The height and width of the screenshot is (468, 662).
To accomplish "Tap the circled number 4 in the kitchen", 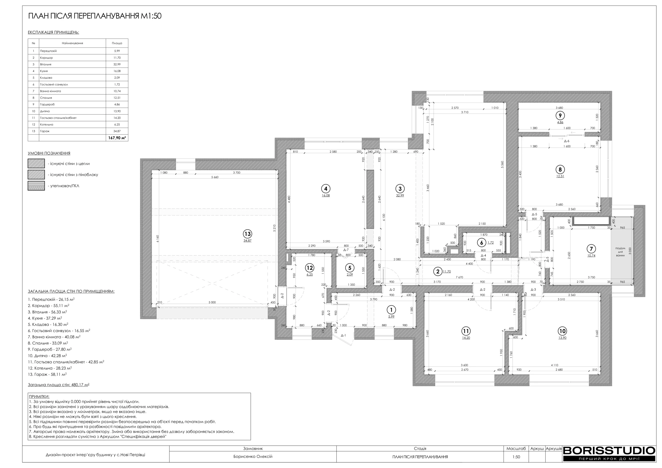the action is tap(326, 189).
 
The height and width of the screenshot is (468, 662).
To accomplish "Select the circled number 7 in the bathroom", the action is tap(591, 249).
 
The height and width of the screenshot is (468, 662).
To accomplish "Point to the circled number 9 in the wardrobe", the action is tap(560, 116).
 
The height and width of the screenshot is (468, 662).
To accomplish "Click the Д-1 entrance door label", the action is tap(343, 335).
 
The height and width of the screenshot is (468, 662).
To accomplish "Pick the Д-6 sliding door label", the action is tap(567, 141).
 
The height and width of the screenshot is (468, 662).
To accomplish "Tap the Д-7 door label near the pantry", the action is tap(346, 250).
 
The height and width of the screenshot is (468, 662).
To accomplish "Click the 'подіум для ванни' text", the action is tap(620, 252).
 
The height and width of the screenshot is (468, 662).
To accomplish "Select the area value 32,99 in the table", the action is tap(117, 64).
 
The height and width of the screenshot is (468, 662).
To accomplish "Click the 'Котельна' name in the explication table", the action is tap(47, 125).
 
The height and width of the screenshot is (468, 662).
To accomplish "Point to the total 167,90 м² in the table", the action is tap(117, 138).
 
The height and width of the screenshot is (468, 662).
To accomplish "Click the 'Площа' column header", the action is tap(117, 43).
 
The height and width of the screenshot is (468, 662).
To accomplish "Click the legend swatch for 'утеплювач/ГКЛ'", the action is tap(36, 186).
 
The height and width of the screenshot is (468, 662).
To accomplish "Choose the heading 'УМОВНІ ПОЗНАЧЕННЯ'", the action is tap(49, 153).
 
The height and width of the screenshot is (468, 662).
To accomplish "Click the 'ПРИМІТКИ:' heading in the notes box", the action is tap(39, 397).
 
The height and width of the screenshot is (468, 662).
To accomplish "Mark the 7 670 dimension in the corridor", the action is tap(459, 277).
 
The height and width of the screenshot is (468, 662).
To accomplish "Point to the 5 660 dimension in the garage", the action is tap(215, 177).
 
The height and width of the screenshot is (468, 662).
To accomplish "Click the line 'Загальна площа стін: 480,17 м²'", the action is tap(58, 385).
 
